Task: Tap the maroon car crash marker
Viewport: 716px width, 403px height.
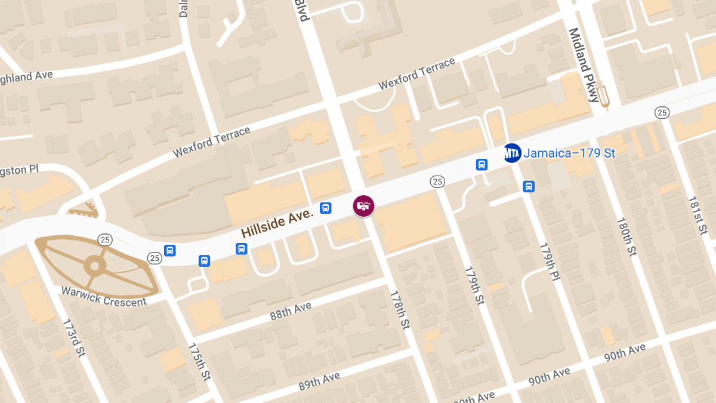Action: pyautogui.click(x=363, y=207)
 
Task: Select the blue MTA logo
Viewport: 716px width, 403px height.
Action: pyautogui.click(x=512, y=153)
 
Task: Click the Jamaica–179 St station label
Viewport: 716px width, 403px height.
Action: pyautogui.click(x=569, y=153)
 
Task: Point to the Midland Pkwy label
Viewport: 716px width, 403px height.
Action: pyautogui.click(x=584, y=64)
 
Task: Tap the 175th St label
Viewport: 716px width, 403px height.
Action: pyautogui.click(x=199, y=362)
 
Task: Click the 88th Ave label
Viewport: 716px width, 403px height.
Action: pyautogui.click(x=291, y=311)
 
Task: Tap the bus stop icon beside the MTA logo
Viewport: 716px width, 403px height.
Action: pyautogui.click(x=482, y=164)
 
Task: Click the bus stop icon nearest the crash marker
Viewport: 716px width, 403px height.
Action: pyautogui.click(x=326, y=208)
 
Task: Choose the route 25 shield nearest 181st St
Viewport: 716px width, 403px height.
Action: pyautogui.click(x=661, y=112)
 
